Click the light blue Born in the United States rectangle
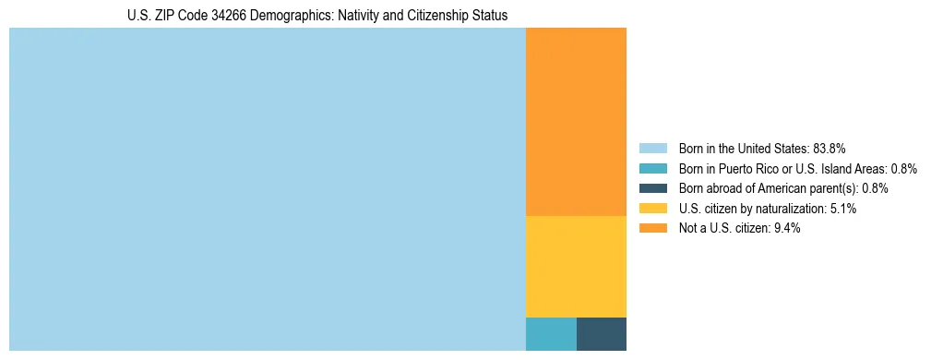point(267,189)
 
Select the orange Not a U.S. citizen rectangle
point(576,122)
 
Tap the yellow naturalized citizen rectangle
point(576,266)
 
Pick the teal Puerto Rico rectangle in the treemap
point(551,333)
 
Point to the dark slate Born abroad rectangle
point(602,333)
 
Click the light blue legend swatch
point(652,148)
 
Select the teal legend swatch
point(652,168)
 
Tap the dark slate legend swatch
point(652,188)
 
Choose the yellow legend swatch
point(652,209)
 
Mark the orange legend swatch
point(652,229)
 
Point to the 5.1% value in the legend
point(842,209)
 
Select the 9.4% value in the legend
point(786,229)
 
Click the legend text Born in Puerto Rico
point(729,168)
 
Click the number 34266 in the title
point(214,15)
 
